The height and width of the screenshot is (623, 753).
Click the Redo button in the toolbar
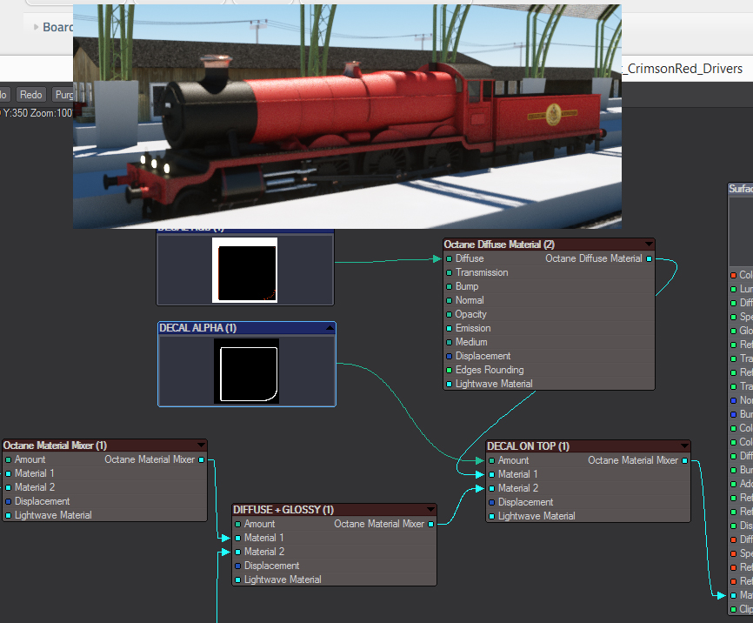click(x=31, y=95)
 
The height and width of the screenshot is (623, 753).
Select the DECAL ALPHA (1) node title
click(x=198, y=328)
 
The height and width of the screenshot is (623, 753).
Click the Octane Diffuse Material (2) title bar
click(x=499, y=245)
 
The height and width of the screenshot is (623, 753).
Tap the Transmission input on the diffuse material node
click(x=482, y=272)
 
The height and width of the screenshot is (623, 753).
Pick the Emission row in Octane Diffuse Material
click(x=473, y=328)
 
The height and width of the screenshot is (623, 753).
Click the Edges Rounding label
click(x=490, y=370)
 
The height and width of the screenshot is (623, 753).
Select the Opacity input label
click(x=471, y=314)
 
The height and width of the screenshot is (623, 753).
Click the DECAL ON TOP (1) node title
click(x=529, y=446)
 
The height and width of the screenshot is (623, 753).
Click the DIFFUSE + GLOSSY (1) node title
click(x=283, y=510)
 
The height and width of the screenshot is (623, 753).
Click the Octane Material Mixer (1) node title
click(x=56, y=445)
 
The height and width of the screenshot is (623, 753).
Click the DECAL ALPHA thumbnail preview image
click(x=246, y=372)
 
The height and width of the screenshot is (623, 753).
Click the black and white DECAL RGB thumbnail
click(x=244, y=270)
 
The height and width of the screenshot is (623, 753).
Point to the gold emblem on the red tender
click(x=552, y=114)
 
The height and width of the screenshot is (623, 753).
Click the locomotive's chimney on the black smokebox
click(x=211, y=70)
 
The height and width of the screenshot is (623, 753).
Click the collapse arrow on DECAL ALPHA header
click(x=329, y=328)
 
